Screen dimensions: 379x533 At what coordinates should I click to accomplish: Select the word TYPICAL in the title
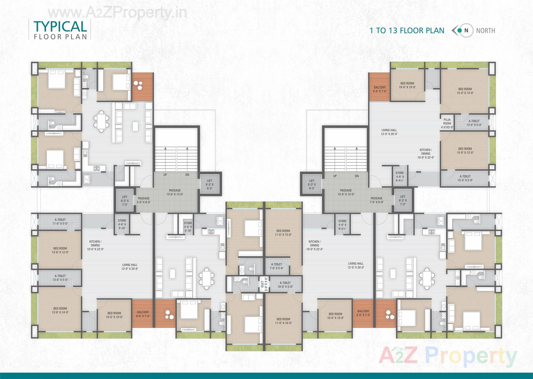[x=60, y=26]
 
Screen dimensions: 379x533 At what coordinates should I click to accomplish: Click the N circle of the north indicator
[x=466, y=31]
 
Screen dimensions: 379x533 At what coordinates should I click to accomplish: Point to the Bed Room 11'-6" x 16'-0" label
[x=283, y=321]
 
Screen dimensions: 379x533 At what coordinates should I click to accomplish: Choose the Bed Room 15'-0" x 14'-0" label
[x=465, y=91]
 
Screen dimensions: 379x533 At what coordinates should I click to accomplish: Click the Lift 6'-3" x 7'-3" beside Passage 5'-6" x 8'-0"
[x=125, y=201]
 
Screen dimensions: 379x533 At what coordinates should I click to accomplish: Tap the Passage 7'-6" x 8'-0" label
[x=376, y=200]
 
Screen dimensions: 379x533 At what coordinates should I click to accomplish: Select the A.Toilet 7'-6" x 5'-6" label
[x=276, y=266]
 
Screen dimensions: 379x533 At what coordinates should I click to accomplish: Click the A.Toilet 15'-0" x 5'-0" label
[x=465, y=178]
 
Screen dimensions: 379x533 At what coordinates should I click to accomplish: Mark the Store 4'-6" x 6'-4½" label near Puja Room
[x=399, y=176]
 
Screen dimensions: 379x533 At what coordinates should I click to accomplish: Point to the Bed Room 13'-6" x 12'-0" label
[x=60, y=250]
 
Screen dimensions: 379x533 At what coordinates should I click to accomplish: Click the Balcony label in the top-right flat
[x=380, y=89]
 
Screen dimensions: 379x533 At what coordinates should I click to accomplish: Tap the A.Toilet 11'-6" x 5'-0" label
[x=60, y=221]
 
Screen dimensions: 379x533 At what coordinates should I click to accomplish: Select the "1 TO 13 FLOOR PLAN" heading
[x=407, y=31]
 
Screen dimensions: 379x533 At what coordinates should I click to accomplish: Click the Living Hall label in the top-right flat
[x=389, y=132]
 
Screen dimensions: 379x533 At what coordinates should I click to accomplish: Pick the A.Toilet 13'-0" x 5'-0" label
[x=474, y=123]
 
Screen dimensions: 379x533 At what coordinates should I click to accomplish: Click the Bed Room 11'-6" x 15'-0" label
[x=283, y=233]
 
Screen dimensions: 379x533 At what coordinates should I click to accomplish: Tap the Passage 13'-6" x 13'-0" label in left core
[x=175, y=192]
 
